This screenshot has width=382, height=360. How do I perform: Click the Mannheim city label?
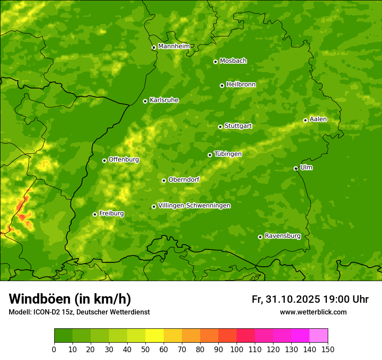point(174,46)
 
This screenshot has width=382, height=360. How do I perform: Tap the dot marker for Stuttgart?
point(220,127)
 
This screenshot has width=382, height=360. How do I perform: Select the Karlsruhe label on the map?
point(164,100)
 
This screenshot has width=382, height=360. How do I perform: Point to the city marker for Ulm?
point(296,168)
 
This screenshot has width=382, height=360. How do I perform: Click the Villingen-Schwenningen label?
point(194,206)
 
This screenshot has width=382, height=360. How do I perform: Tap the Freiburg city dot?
point(95,214)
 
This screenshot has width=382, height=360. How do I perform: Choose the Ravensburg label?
point(282,236)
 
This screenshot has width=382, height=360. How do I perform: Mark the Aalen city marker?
point(305,120)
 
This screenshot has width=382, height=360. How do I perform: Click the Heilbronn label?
point(241,85)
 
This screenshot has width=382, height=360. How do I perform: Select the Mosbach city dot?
point(215,62)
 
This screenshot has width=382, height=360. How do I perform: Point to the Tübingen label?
point(227,154)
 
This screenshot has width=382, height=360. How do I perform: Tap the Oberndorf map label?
point(184,180)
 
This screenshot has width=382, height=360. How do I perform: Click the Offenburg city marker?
point(104,160)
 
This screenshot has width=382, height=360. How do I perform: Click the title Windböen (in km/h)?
point(69,299)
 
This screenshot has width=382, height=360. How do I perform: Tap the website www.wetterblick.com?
point(313,312)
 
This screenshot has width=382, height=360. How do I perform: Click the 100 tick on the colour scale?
point(237,349)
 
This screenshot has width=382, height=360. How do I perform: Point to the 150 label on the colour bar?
point(328,349)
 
